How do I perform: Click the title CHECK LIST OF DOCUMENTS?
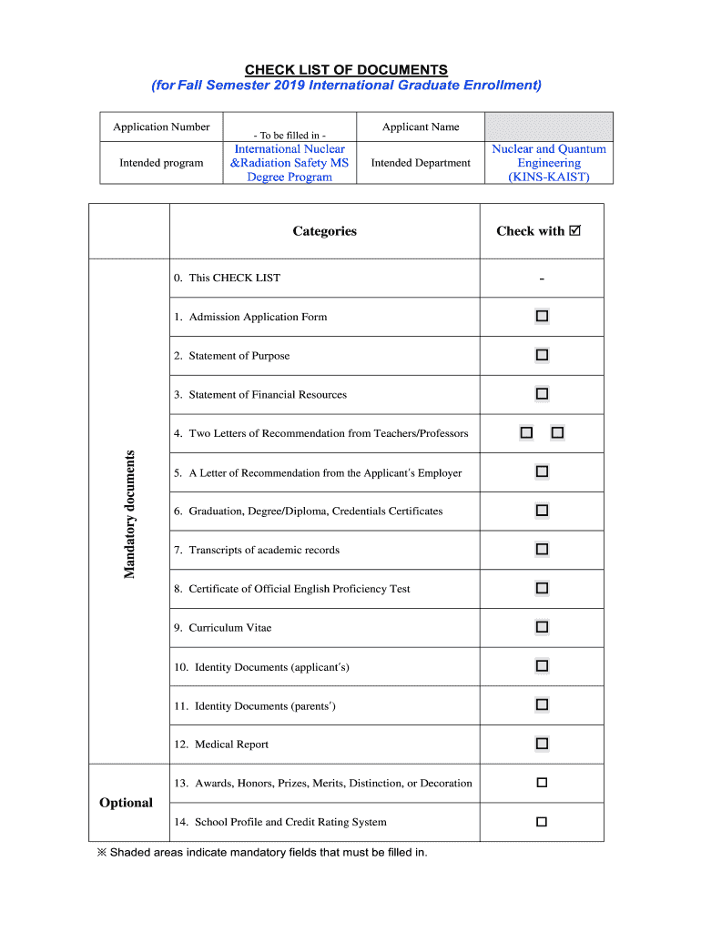pos(345,69)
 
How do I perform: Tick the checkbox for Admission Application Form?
pos(542,316)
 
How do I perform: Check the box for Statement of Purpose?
pos(542,355)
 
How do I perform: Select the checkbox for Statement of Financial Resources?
pos(542,394)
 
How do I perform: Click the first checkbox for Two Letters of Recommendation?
pos(526,433)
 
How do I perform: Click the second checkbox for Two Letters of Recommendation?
pos(557,433)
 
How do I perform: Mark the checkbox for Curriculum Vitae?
pos(542,627)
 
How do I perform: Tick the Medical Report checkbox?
pos(542,744)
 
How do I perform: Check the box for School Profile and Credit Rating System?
pos(542,822)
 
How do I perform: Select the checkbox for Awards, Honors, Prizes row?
pos(542,783)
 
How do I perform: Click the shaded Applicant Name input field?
pos(549,127)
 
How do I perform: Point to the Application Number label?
pos(161,127)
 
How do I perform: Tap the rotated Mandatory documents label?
pos(129,514)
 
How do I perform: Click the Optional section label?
pos(126,803)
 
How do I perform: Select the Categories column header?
pos(324,231)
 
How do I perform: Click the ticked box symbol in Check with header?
pos(574,231)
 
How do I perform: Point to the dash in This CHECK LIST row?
pos(542,279)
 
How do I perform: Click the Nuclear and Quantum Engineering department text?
pos(549,163)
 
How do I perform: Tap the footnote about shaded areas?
pos(262,853)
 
